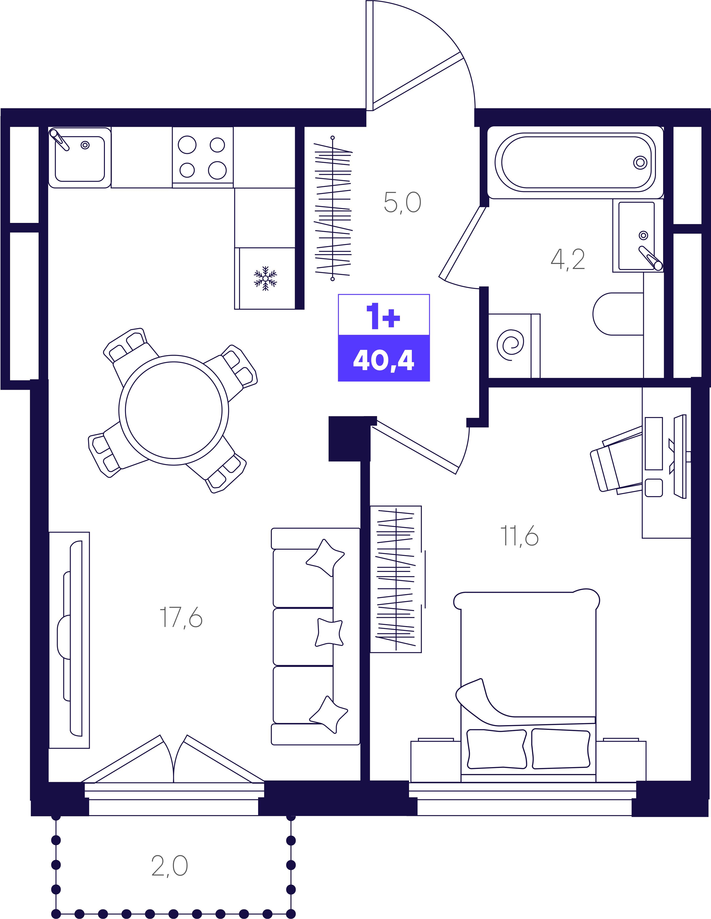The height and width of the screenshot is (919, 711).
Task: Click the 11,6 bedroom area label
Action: click(519, 536)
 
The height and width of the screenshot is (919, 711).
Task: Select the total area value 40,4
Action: click(383, 360)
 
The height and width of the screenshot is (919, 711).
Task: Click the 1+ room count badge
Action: click(383, 316)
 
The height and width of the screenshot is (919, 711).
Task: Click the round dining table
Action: click(174, 410)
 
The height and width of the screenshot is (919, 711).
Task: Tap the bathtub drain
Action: click(640, 162)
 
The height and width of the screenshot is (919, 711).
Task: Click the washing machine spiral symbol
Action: click(511, 345)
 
